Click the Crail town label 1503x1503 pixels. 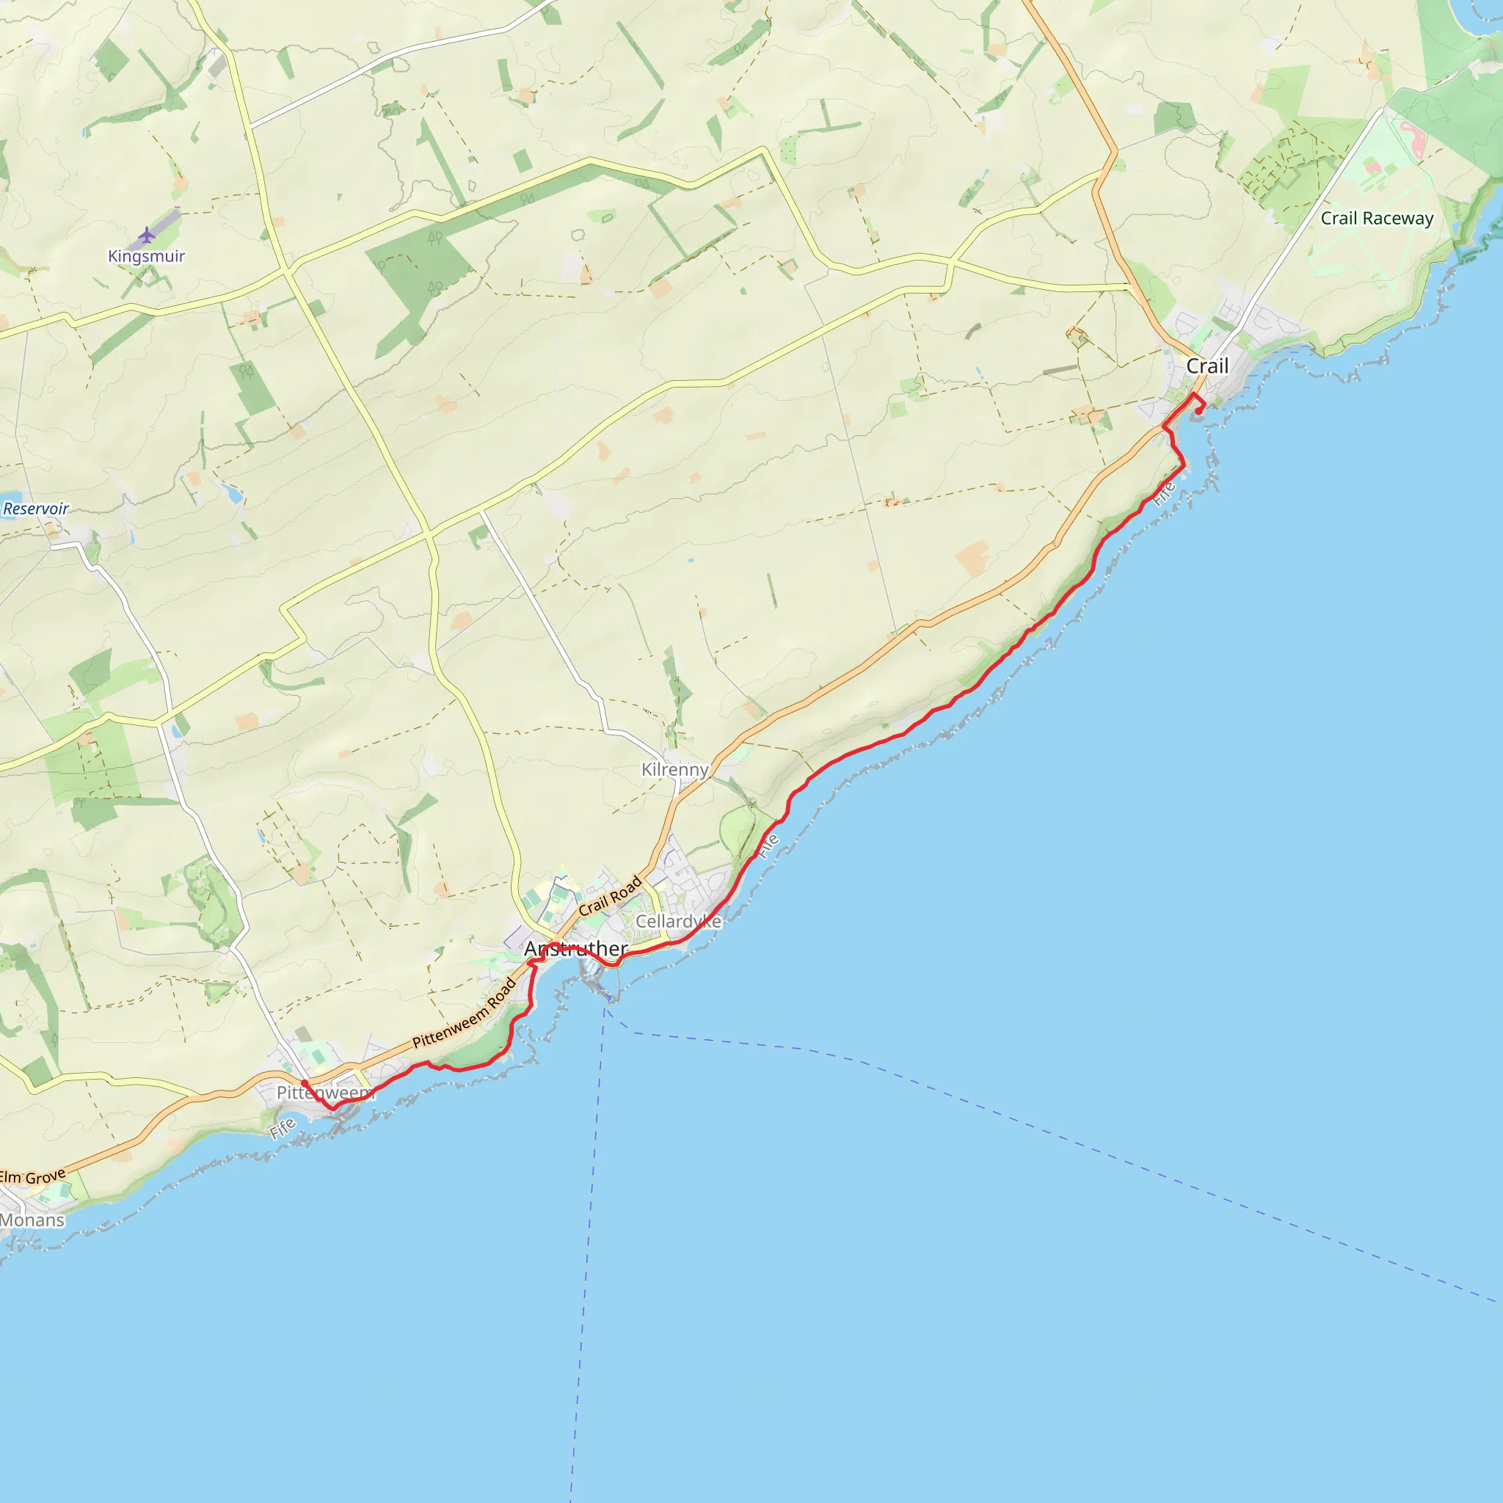click(x=1207, y=366)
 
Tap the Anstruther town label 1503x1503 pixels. click(x=575, y=948)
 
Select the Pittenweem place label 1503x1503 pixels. click(x=325, y=1092)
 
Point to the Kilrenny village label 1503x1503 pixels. click(x=674, y=769)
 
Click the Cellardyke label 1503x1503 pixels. click(x=678, y=921)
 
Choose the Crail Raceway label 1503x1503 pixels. click(x=1377, y=219)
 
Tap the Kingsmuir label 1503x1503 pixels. click(x=146, y=256)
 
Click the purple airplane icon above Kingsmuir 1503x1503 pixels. click(x=146, y=234)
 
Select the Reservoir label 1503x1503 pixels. click(x=36, y=509)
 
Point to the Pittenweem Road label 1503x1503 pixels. click(x=465, y=1013)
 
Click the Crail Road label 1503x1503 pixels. click(x=610, y=895)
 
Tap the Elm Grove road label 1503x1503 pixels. click(x=33, y=1176)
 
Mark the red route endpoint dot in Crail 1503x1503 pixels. click(x=1198, y=412)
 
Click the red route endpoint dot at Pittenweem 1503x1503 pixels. click(x=304, y=1083)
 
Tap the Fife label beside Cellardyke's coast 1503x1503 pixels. click(x=768, y=845)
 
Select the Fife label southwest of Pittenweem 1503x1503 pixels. click(x=283, y=1127)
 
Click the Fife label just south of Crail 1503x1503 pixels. click(x=1165, y=493)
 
